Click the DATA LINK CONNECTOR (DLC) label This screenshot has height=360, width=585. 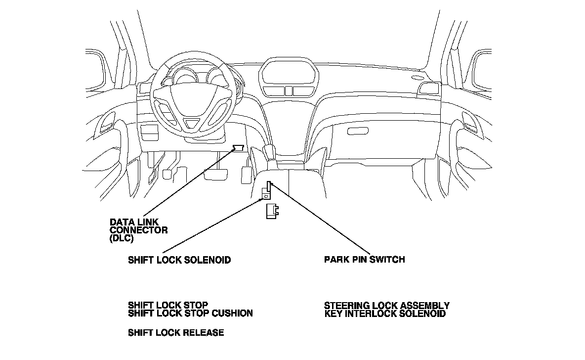(x=138, y=229)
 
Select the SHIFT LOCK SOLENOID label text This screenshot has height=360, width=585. (x=179, y=260)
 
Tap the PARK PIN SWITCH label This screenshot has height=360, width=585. (x=365, y=259)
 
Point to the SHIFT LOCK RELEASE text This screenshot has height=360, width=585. (x=176, y=333)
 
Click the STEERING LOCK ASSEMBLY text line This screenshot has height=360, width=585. (x=387, y=306)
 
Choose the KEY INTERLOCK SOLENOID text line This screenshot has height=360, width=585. (x=385, y=314)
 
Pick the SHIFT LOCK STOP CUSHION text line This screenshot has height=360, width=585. (x=190, y=313)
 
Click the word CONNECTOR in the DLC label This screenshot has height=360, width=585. (x=138, y=230)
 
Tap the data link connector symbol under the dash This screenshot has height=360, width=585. (x=239, y=147)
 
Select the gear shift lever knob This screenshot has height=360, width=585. (x=270, y=151)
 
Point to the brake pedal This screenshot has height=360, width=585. (x=215, y=174)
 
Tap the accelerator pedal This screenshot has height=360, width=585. (x=246, y=174)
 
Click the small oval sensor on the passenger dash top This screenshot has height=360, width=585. (x=418, y=77)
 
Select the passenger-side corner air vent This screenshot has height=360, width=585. (x=428, y=89)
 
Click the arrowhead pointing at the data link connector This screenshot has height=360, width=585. (x=234, y=151)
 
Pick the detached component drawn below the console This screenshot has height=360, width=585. (x=271, y=211)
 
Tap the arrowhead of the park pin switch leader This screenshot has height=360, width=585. (x=270, y=184)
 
